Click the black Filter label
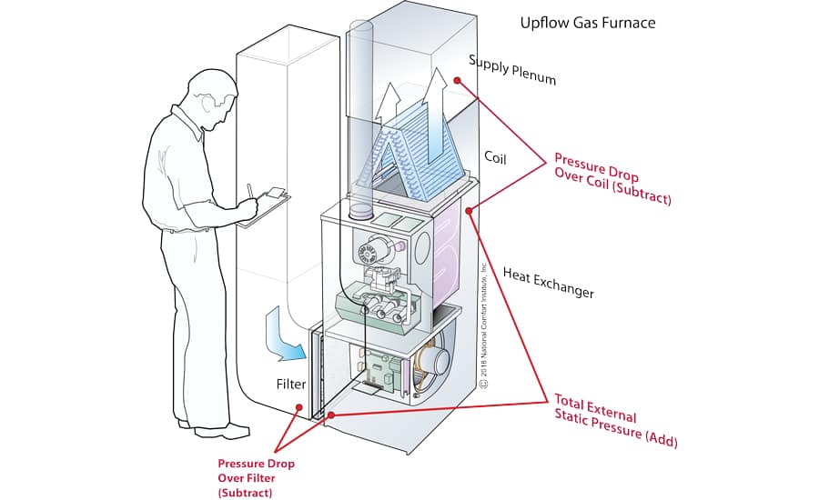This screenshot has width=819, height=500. click(x=290, y=385)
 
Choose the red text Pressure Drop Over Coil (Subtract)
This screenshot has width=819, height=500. click(x=612, y=178)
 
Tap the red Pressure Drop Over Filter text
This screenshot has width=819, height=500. click(x=256, y=477)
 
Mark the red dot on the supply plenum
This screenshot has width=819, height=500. click(x=458, y=81)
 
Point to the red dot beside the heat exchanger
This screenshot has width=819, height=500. click(x=469, y=212)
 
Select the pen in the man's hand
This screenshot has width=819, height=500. click(x=251, y=189)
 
